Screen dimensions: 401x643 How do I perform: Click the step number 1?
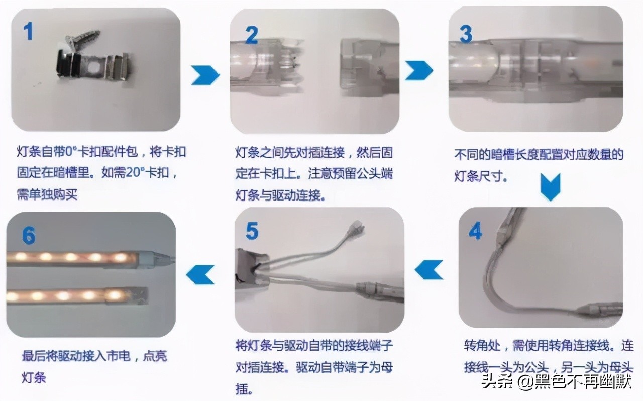point(28,31)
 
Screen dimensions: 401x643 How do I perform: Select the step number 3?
point(466,34)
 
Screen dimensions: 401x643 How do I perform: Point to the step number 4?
point(475,231)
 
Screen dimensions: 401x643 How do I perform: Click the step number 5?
point(252,231)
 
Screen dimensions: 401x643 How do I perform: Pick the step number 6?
point(29,235)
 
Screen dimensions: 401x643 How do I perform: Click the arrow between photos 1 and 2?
point(205,75)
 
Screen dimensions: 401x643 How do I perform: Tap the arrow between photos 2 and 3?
point(419,70)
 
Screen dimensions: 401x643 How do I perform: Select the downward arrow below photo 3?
point(550,187)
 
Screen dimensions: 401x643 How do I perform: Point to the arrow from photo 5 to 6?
point(200,274)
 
